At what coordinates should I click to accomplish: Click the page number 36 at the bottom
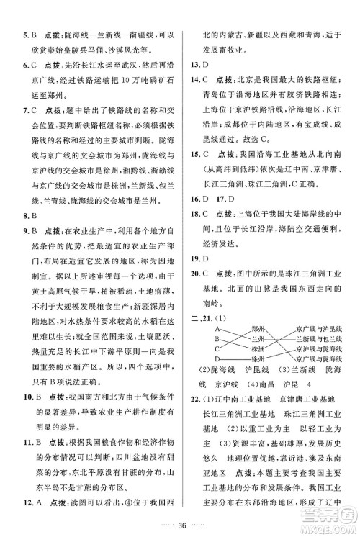[180, 524]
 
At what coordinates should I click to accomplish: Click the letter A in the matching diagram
[216, 328]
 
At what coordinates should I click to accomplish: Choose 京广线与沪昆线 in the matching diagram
[318, 328]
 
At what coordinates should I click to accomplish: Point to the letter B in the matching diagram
[216, 338]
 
